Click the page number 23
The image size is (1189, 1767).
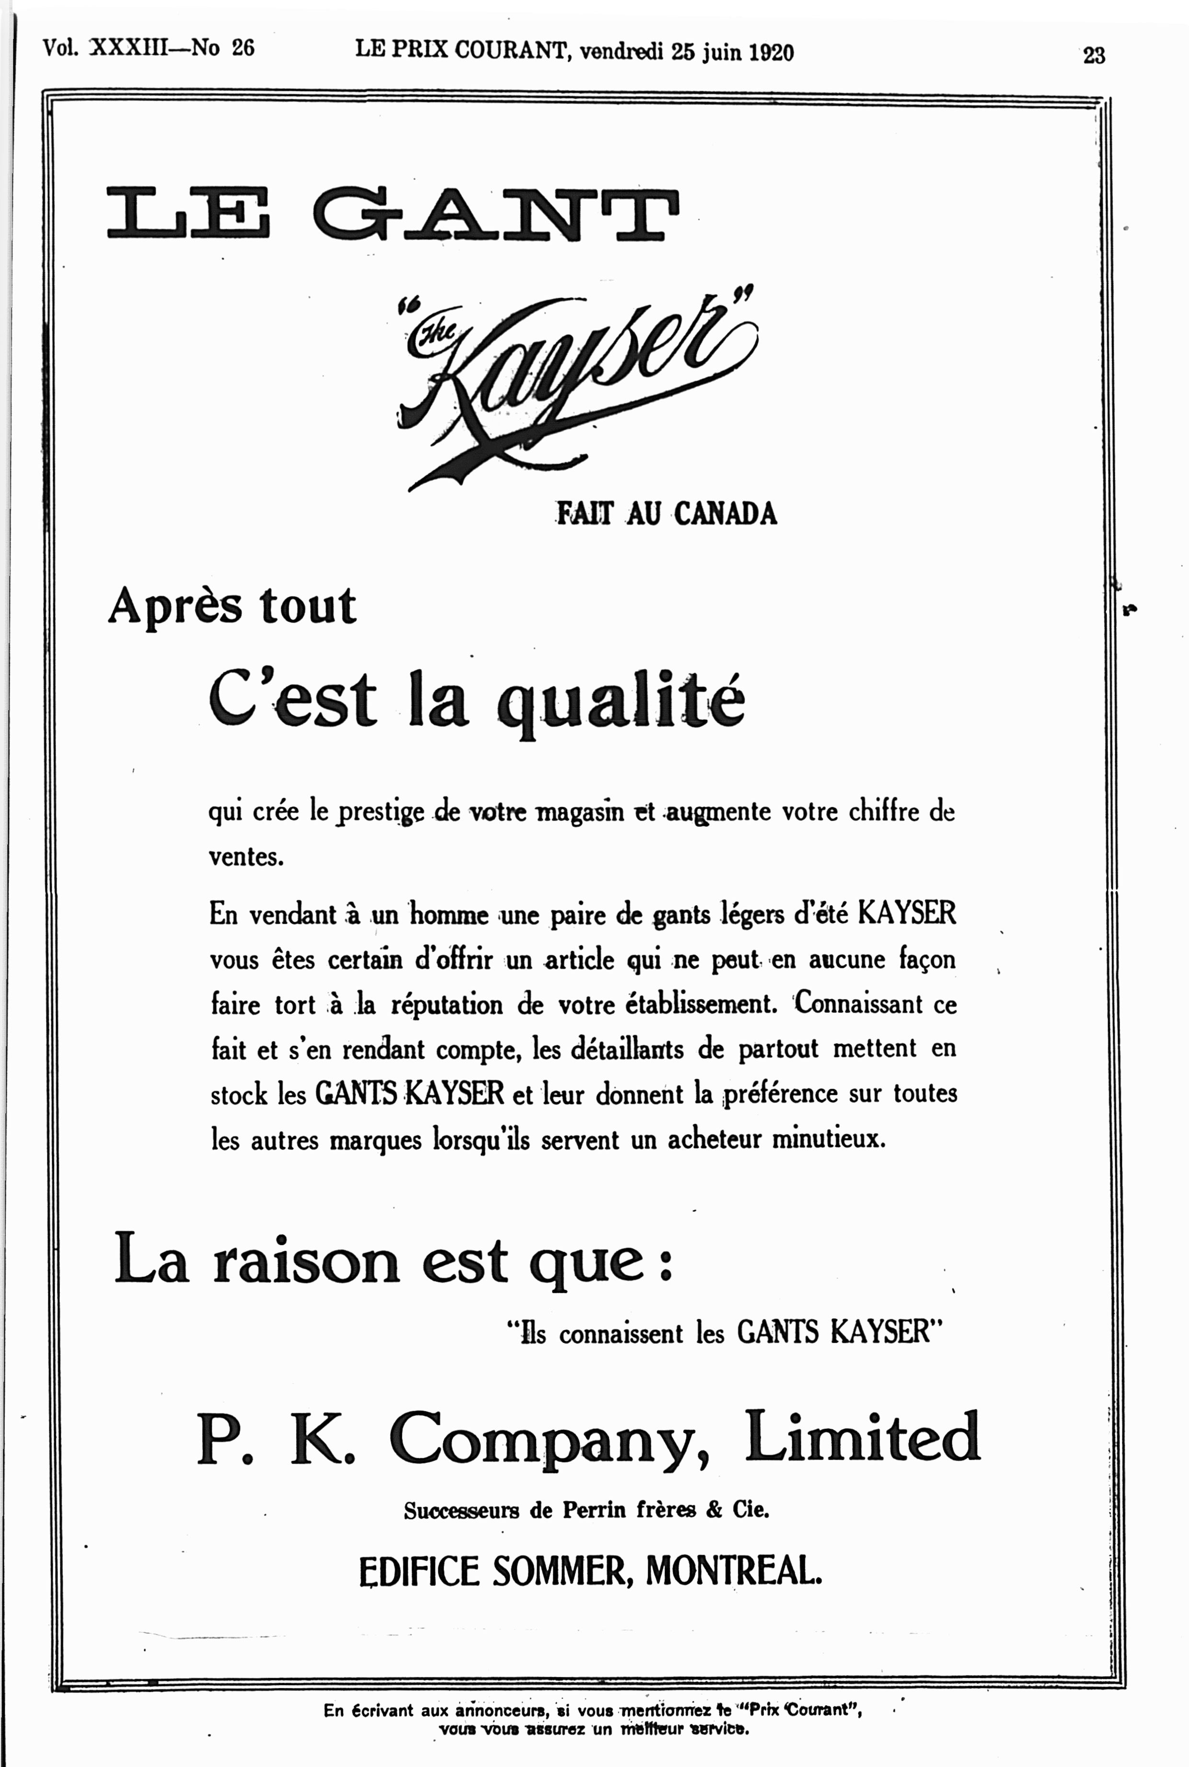pyautogui.click(x=1094, y=56)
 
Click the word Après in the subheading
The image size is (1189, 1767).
pyautogui.click(x=175, y=607)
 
